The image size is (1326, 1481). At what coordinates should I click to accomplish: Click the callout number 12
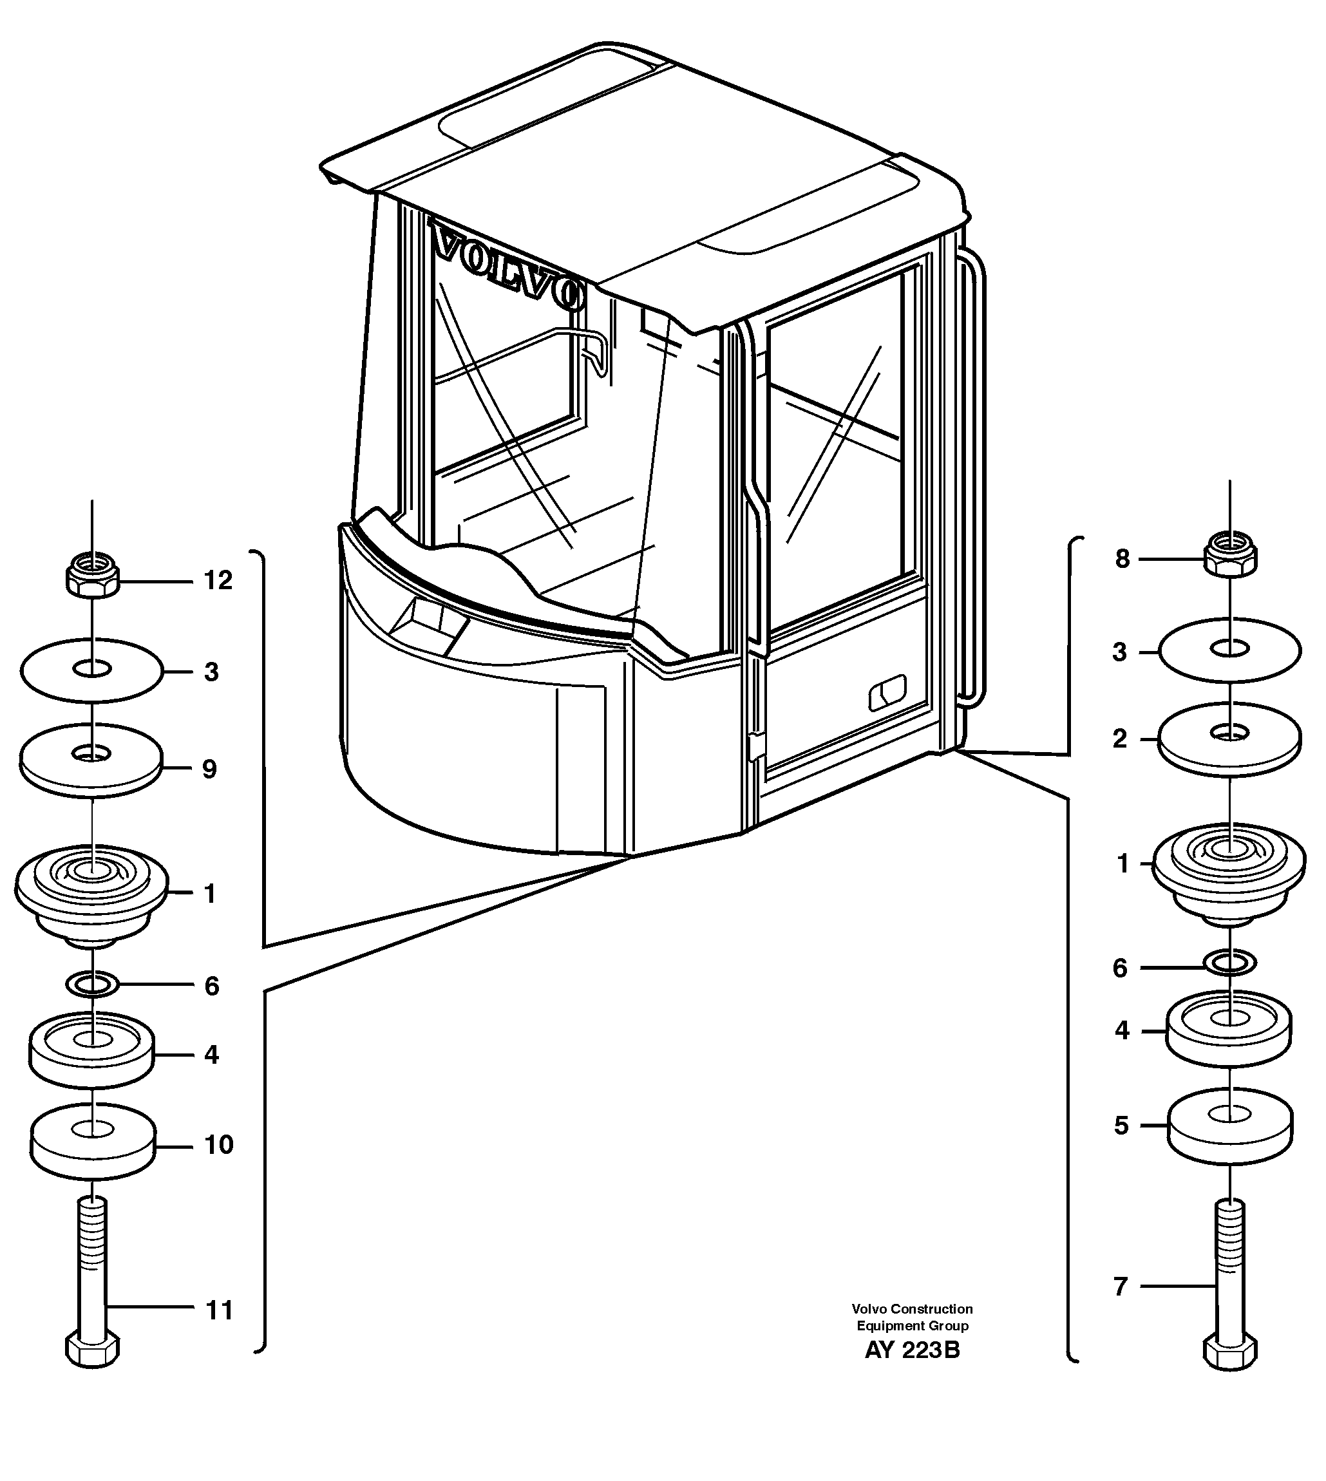click(x=218, y=581)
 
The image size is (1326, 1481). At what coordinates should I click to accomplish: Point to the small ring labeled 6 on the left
click(x=93, y=985)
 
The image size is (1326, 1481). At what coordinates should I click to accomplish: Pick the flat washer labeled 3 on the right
click(x=1230, y=650)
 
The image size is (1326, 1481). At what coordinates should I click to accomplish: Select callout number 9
click(x=210, y=769)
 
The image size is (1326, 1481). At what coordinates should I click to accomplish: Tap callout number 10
click(x=218, y=1144)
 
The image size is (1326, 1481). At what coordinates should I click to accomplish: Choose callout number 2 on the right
click(x=1120, y=739)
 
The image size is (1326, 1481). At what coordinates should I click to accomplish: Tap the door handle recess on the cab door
click(x=887, y=693)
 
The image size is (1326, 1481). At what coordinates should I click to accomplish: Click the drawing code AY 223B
click(x=912, y=1350)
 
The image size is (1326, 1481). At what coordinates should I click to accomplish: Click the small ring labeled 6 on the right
click(x=1230, y=964)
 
